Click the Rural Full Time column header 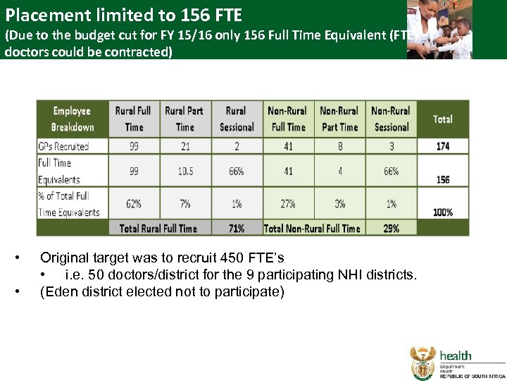tap(133, 119)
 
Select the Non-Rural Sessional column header tap(391, 119)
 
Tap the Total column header tap(442, 119)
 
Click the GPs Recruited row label tap(64, 146)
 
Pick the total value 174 tap(442, 146)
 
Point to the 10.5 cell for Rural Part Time tap(184, 171)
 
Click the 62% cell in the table tap(133, 203)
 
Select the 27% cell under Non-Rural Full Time tap(288, 203)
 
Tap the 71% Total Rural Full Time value tap(237, 228)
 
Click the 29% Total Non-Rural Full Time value tap(391, 228)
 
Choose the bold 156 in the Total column tap(442, 179)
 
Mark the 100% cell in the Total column tap(442, 212)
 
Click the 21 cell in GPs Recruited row tap(184, 146)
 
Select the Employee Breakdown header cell tap(72, 119)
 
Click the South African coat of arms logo tap(423, 363)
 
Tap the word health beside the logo tap(456, 355)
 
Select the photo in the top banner tap(439, 30)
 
